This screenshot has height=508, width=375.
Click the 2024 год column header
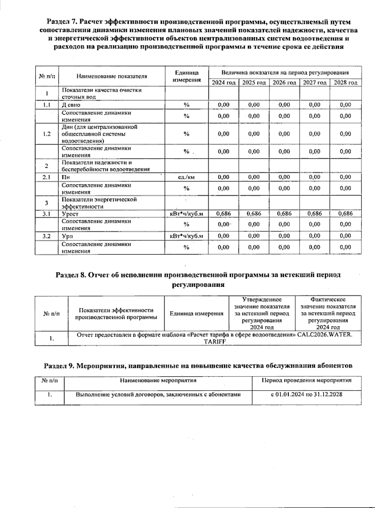click(x=223, y=82)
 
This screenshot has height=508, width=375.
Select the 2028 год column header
click(x=345, y=82)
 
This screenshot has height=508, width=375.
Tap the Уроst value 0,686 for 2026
click(x=284, y=214)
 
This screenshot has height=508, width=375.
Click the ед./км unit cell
click(x=186, y=177)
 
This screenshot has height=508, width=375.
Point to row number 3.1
click(x=47, y=214)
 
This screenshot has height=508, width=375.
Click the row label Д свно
click(x=71, y=105)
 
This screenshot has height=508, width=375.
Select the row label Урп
click(x=67, y=236)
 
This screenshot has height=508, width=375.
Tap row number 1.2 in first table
click(x=47, y=134)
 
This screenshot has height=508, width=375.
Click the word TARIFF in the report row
click(x=214, y=341)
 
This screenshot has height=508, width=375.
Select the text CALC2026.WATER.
click(x=325, y=335)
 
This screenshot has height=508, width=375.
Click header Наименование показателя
click(x=112, y=76)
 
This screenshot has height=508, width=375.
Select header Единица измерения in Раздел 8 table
click(x=196, y=313)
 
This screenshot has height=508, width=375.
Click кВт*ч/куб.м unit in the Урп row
click(x=186, y=236)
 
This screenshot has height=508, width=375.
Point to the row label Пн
click(x=66, y=177)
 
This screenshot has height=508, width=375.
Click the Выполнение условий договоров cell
click(x=158, y=394)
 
